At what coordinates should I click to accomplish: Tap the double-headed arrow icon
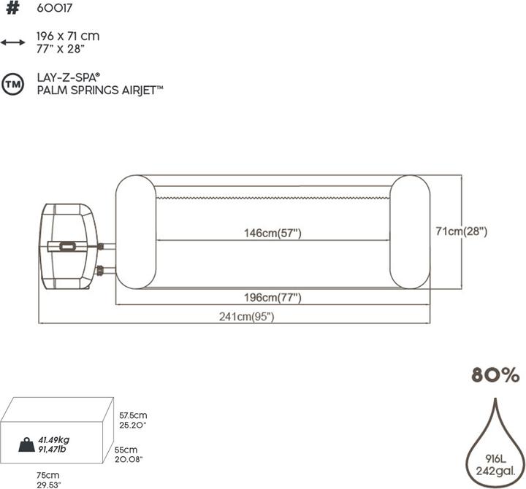click(x=12, y=42)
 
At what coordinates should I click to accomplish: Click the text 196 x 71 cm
click(x=68, y=36)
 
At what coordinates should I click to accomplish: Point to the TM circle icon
click(x=12, y=82)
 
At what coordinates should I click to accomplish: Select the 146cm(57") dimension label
click(x=272, y=233)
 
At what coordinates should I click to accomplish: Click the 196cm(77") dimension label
click(x=272, y=298)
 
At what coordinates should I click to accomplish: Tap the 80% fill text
click(x=495, y=376)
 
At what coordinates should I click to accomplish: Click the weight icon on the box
click(x=27, y=444)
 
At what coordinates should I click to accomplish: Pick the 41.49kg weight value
click(x=54, y=439)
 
